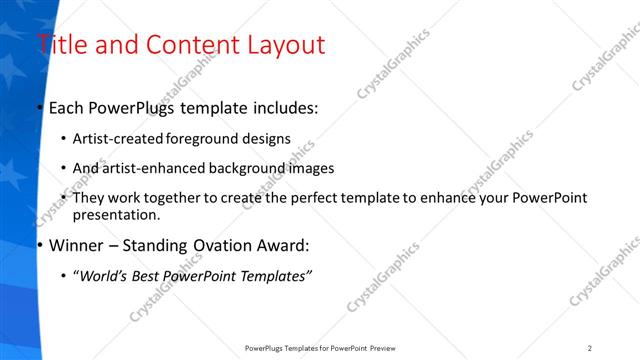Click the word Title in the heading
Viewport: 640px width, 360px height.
click(62, 45)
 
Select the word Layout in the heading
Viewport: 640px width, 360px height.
click(286, 45)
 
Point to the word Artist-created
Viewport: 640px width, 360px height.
click(120, 138)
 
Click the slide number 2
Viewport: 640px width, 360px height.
click(590, 348)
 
